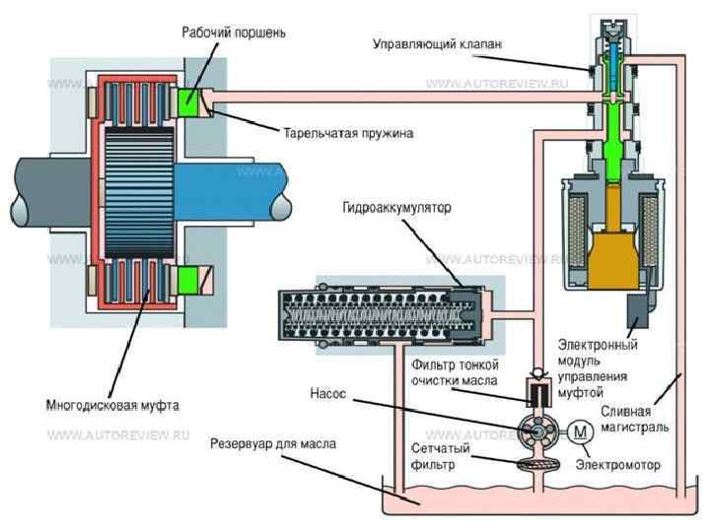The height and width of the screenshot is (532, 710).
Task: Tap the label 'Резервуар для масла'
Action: click(273, 444)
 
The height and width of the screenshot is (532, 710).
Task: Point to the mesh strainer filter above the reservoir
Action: click(538, 464)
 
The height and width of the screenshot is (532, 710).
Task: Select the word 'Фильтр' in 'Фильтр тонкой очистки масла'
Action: click(431, 366)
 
